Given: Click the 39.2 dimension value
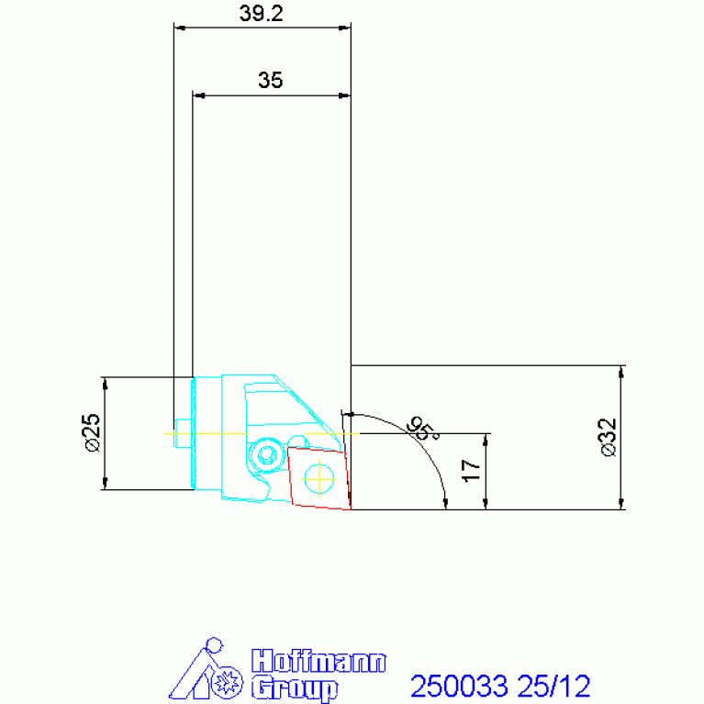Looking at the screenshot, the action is click(x=262, y=14).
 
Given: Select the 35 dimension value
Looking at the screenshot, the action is click(x=270, y=80).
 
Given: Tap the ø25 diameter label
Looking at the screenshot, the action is click(x=93, y=432).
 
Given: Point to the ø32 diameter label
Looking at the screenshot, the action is click(x=609, y=437).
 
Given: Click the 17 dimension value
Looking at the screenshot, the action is click(x=472, y=471).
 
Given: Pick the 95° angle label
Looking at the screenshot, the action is click(x=422, y=429).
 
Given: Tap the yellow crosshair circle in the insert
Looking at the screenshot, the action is click(x=318, y=479).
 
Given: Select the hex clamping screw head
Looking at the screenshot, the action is click(x=264, y=455).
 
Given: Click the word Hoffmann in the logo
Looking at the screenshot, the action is click(x=318, y=662).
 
